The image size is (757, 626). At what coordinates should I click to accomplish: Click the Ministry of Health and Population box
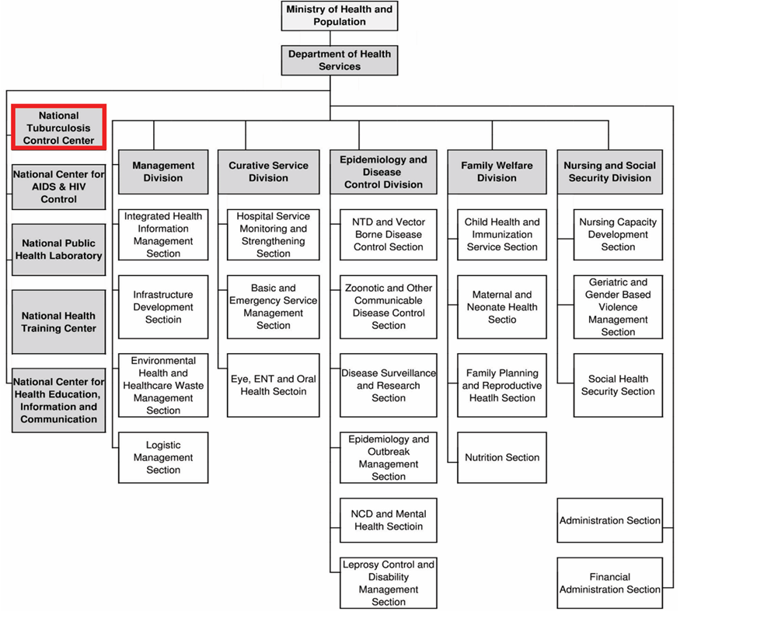click(x=340, y=16)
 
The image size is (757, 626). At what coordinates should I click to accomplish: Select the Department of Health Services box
click(x=340, y=61)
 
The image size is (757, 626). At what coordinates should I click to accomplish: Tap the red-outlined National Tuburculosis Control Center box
click(x=58, y=128)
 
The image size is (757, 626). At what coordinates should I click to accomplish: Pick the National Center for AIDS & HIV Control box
click(x=58, y=187)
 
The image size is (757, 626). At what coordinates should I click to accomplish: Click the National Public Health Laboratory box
click(x=58, y=250)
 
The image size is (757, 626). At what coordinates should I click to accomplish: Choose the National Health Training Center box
click(x=58, y=322)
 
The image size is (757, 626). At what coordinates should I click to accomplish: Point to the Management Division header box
click(x=163, y=172)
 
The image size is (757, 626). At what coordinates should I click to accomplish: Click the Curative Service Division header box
click(x=268, y=172)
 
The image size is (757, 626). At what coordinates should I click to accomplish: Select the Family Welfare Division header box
click(x=497, y=172)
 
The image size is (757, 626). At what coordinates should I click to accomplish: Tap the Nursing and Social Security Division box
click(x=610, y=172)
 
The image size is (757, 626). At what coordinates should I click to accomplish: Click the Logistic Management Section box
click(x=163, y=457)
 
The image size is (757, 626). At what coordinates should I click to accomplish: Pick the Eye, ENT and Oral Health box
click(x=274, y=385)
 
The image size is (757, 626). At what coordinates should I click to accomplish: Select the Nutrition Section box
click(x=502, y=457)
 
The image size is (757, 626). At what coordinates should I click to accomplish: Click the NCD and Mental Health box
click(x=388, y=520)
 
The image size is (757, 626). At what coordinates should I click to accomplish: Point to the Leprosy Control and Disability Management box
click(x=388, y=582)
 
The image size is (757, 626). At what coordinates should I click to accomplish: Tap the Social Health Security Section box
click(x=618, y=385)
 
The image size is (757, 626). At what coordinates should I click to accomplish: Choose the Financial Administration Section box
click(x=610, y=583)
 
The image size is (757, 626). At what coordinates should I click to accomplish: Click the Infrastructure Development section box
click(x=163, y=306)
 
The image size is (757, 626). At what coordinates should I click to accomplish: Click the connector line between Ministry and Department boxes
click(x=330, y=38)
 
